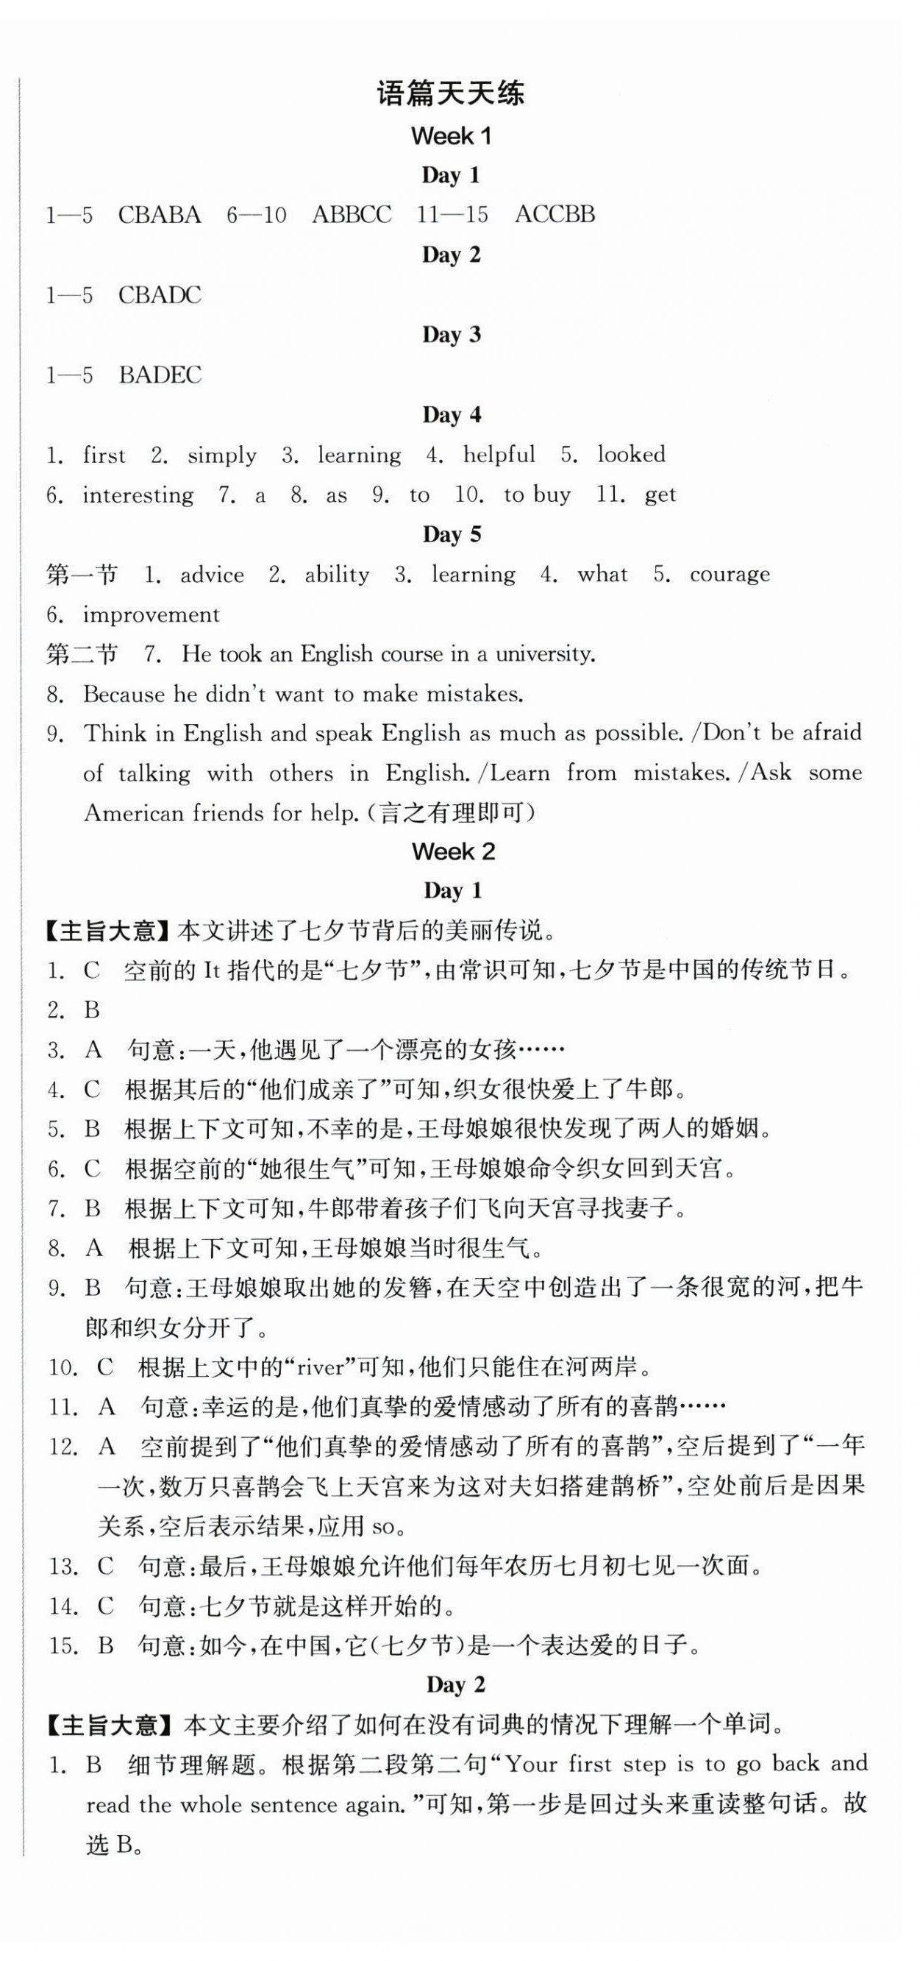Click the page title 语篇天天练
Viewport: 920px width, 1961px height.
coord(451,94)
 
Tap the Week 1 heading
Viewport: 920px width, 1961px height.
coord(452,136)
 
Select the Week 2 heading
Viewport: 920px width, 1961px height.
coord(454,851)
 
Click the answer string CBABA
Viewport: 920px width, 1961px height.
coord(159,216)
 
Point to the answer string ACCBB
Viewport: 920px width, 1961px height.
coord(555,216)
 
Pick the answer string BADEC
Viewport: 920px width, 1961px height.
coord(160,375)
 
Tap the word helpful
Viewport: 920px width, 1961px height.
coord(499,455)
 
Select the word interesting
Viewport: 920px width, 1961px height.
coord(138,495)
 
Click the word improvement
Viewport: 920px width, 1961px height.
coord(151,615)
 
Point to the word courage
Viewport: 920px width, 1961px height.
coord(729,575)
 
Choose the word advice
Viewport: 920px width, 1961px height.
coord(212,575)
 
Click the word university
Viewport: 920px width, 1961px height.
coord(544,654)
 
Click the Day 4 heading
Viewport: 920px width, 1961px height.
coord(452,415)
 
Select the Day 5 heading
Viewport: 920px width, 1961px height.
coord(452,534)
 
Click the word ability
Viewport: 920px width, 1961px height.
coord(336,575)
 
